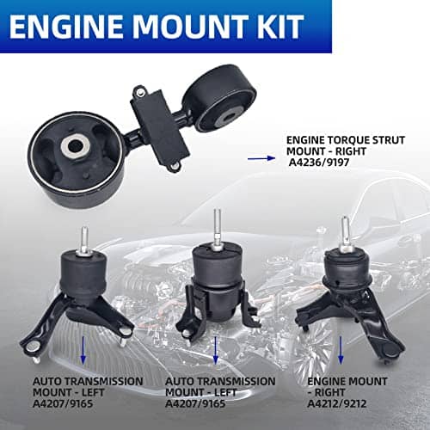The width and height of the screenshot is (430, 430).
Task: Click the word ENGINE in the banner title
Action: click(66, 27)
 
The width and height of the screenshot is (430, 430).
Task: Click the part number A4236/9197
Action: click(319, 163)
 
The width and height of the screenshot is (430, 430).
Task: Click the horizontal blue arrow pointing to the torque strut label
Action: click(261, 158)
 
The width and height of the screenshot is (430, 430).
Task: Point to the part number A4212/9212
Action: click(337, 404)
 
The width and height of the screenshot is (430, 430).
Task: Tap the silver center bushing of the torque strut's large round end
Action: click(75, 146)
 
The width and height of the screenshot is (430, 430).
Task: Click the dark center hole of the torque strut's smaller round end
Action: click(229, 117)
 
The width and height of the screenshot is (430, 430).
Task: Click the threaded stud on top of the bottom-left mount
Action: click(84, 240)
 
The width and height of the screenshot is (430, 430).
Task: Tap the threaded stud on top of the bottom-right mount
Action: click(345, 233)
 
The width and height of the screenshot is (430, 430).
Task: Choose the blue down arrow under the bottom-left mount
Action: click(83, 350)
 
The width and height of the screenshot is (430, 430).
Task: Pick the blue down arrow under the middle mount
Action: click(216, 350)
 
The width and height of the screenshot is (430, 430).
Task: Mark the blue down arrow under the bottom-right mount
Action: click(341, 350)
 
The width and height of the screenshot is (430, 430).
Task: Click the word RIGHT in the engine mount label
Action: click(329, 392)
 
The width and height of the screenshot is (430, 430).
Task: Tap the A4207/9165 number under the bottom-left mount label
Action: click(63, 404)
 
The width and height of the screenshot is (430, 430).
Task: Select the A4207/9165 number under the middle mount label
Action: click(195, 404)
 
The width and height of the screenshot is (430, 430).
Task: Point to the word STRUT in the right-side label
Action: click(389, 140)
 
